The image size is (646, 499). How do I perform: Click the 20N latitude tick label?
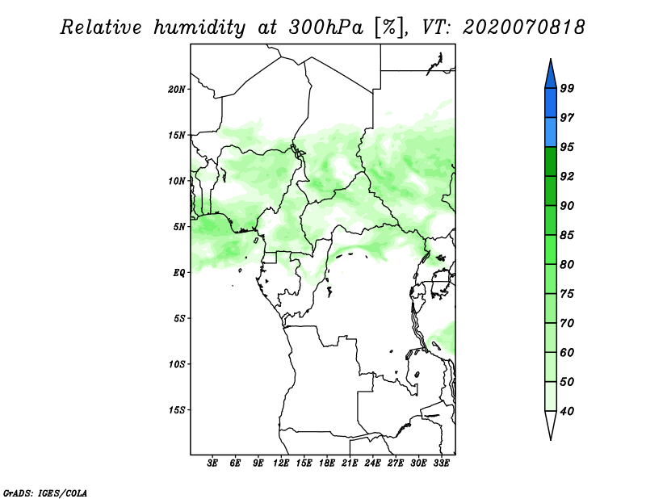[177, 89]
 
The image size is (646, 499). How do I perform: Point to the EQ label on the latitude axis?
[179, 273]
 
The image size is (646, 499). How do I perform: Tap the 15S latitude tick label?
[177, 410]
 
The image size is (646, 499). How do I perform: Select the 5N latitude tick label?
[179, 227]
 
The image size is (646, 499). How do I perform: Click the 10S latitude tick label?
[177, 364]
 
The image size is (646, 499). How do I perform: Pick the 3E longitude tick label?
[212, 464]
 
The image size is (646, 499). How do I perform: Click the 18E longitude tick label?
[326, 464]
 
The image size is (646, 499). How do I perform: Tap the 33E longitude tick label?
[441, 464]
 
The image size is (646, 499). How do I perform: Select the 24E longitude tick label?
[372, 464]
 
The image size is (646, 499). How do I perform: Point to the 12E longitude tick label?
[281, 464]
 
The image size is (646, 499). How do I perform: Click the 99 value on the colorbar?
[567, 88]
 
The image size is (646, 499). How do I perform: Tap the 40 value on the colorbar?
[567, 412]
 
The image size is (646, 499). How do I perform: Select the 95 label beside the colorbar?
[567, 147]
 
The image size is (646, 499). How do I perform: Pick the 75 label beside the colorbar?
[567, 294]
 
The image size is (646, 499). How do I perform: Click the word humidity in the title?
[197, 28]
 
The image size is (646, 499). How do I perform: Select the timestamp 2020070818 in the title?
[523, 28]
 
